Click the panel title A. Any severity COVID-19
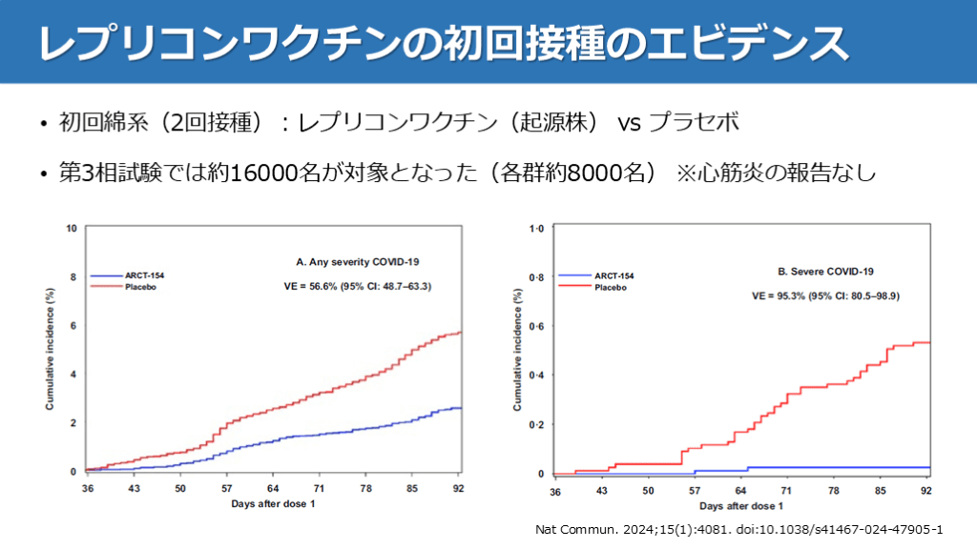[x=358, y=260]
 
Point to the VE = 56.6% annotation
[x=358, y=285]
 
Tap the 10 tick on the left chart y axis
[x=71, y=229]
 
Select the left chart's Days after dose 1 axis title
[x=272, y=503]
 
